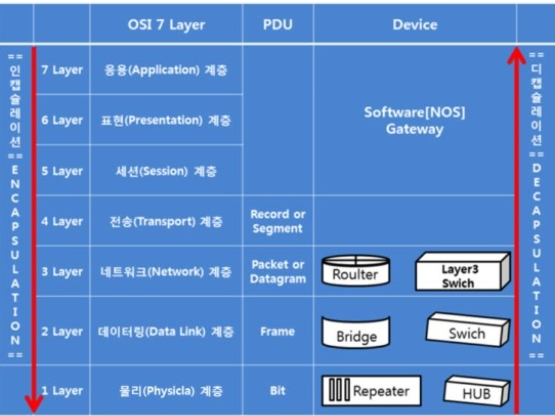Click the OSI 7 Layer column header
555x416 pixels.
(x=166, y=25)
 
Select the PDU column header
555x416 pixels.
(x=277, y=25)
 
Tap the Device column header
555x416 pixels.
(x=414, y=25)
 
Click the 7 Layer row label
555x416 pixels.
(x=62, y=70)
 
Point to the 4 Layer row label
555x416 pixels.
(x=62, y=222)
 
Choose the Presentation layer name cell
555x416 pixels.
(x=166, y=120)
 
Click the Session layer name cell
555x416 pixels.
(x=166, y=171)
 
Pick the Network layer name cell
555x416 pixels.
(x=166, y=272)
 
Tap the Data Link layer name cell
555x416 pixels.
(x=166, y=331)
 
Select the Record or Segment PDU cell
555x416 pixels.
(x=277, y=221)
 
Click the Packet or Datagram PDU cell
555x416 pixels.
(x=277, y=272)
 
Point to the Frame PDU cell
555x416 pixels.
(x=277, y=331)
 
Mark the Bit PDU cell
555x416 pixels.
(x=277, y=391)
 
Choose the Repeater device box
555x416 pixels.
(x=371, y=391)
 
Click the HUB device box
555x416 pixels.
(x=476, y=391)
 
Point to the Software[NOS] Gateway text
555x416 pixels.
(x=414, y=121)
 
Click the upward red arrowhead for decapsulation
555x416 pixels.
(x=516, y=56)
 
